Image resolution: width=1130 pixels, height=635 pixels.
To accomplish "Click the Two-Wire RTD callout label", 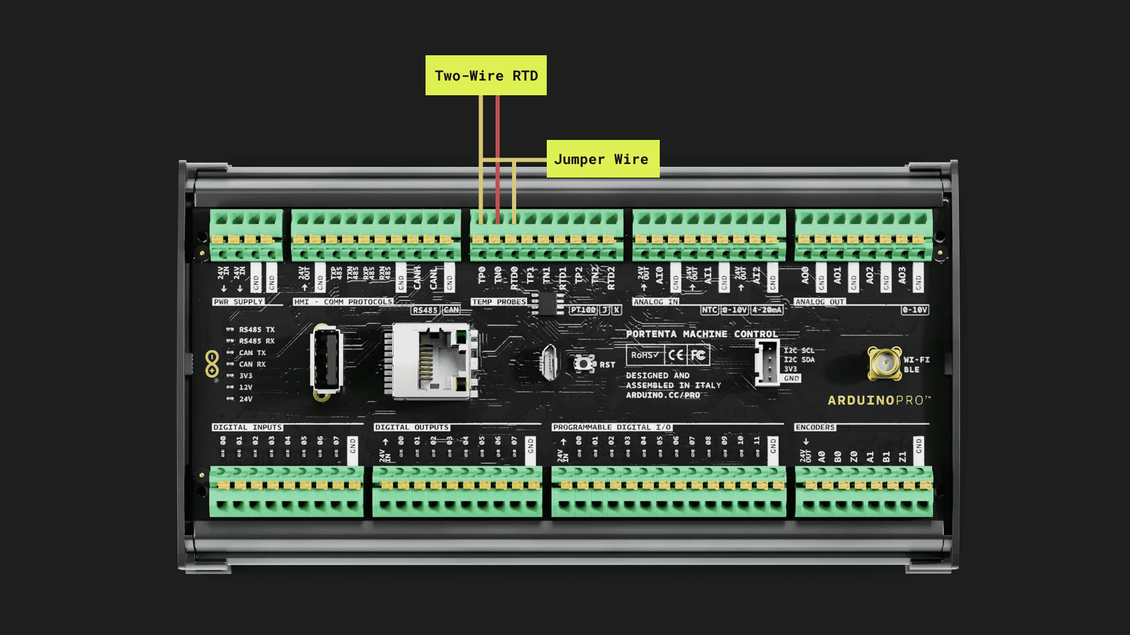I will click(486, 76).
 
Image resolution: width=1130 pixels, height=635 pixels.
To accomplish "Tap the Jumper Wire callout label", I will click(603, 159).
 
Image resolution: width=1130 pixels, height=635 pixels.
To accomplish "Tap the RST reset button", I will click(584, 364).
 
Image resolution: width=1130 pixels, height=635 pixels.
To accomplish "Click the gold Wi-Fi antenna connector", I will click(885, 363).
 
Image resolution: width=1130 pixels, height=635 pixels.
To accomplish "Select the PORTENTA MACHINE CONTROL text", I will click(702, 334).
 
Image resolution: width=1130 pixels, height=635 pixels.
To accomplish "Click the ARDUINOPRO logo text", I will click(879, 400).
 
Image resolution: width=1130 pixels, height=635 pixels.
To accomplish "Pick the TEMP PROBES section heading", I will click(499, 302).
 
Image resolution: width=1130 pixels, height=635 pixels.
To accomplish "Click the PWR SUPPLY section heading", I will click(238, 302).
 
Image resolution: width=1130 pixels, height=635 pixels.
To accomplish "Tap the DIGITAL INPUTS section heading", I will click(248, 427).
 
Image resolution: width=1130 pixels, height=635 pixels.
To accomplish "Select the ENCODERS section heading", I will click(815, 427).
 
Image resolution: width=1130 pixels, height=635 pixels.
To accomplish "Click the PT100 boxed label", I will click(583, 310).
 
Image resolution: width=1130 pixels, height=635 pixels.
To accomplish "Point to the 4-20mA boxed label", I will click(767, 310).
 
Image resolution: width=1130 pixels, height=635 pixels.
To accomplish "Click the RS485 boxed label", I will click(425, 310).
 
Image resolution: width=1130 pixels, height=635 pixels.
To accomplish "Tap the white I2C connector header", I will click(767, 363).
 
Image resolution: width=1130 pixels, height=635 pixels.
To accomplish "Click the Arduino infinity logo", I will click(212, 364).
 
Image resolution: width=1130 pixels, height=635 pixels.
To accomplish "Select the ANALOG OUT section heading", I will click(820, 302).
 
